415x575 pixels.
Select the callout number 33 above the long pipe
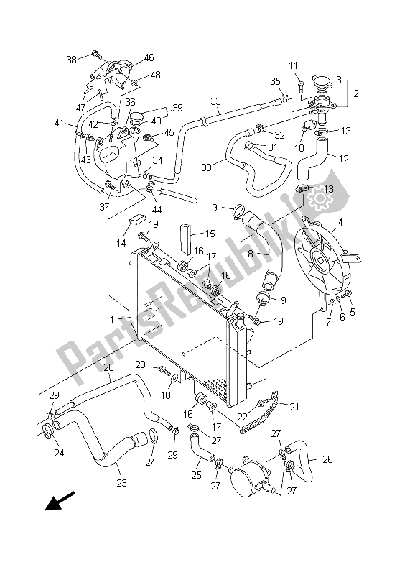point(215,101)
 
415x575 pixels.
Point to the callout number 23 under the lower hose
point(122,483)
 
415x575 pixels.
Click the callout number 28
point(108,368)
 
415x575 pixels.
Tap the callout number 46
point(149,57)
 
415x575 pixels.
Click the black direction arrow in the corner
point(61,500)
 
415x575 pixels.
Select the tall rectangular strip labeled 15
point(186,234)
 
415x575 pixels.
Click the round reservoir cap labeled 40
point(135,116)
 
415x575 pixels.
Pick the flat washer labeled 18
point(177,377)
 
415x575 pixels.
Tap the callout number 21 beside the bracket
point(293,407)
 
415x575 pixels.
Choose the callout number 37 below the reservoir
point(104,208)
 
